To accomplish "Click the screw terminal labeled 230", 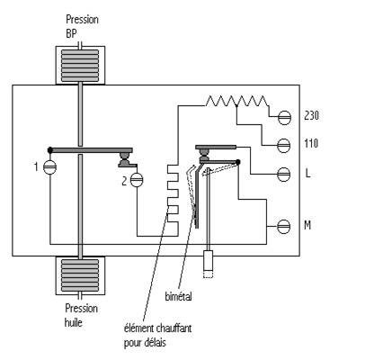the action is pyautogui.click(x=284, y=118).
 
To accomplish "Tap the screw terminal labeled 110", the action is pyautogui.click(x=283, y=146).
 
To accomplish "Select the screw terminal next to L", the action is pyautogui.click(x=283, y=175).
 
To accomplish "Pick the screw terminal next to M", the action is pyautogui.click(x=283, y=227).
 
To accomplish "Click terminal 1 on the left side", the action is pyautogui.click(x=50, y=167).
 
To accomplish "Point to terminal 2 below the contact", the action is pyautogui.click(x=137, y=180).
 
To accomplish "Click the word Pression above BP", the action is pyautogui.click(x=82, y=20).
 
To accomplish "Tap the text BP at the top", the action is pyautogui.click(x=71, y=33).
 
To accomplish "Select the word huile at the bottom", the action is pyautogui.click(x=74, y=322).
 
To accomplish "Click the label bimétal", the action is pyautogui.click(x=178, y=296).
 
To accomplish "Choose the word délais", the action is pyautogui.click(x=155, y=342).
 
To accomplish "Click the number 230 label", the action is pyautogui.click(x=311, y=115).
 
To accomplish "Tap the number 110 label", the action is pyautogui.click(x=311, y=143).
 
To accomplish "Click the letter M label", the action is pyautogui.click(x=307, y=225).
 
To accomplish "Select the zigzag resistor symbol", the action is pyautogui.click(x=236, y=101).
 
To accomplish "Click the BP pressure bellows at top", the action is pyautogui.click(x=80, y=66).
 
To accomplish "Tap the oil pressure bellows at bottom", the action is pyautogui.click(x=80, y=275).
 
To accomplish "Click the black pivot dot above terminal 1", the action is pyautogui.click(x=50, y=149).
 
